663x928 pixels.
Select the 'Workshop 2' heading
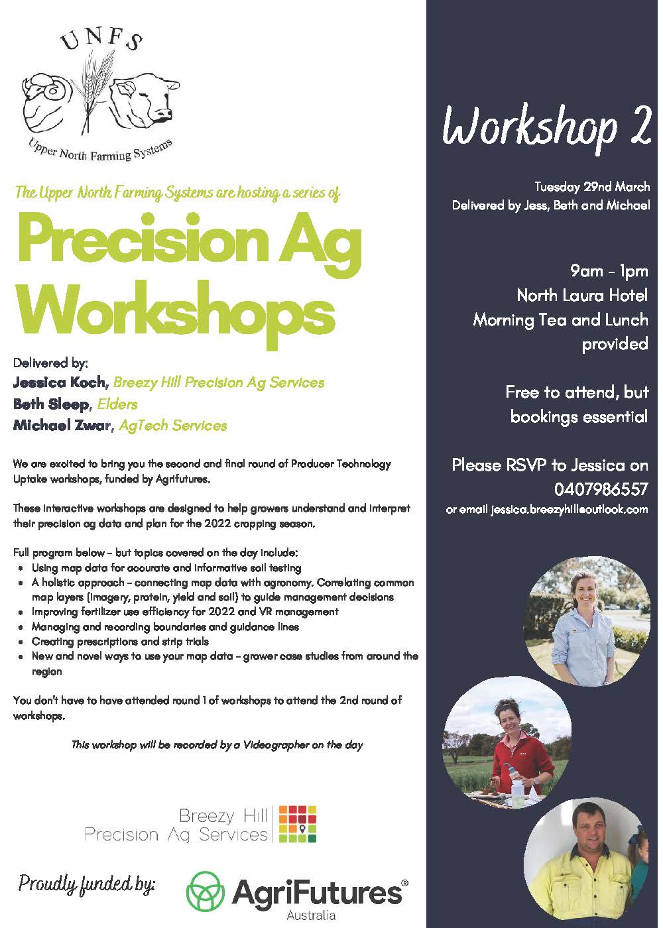(x=546, y=127)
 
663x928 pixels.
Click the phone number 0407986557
(x=601, y=489)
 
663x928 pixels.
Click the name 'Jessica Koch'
(x=59, y=382)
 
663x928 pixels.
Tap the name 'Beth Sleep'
(x=51, y=404)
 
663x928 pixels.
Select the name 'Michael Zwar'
(x=62, y=425)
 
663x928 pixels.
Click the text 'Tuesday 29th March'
(x=591, y=187)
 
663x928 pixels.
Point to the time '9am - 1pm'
(x=609, y=271)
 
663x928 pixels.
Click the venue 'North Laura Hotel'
(x=582, y=296)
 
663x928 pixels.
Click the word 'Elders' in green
(x=117, y=404)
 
